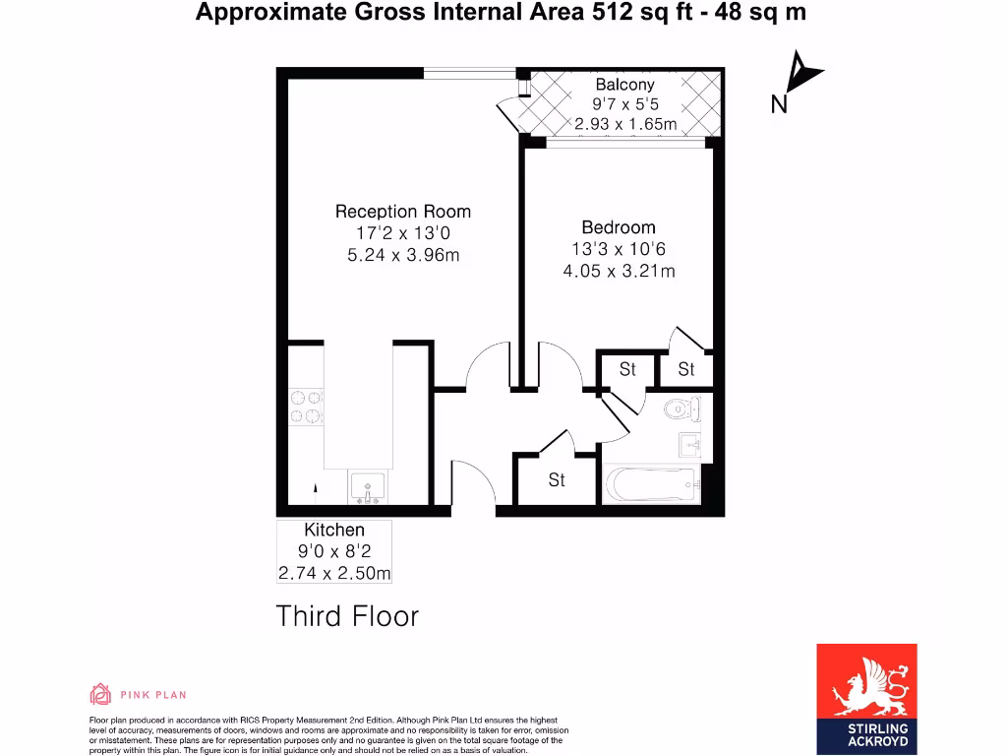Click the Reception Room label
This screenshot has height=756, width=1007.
coord(402,211)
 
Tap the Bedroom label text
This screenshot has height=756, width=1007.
coord(618,227)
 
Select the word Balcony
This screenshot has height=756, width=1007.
coord(624,85)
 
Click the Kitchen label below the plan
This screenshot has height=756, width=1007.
coord(333,531)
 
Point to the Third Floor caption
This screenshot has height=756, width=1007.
coord(347,616)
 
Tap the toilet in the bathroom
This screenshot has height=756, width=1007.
coord(680,409)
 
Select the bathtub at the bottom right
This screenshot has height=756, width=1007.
coord(650,484)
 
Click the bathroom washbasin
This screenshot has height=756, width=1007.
coord(689,444)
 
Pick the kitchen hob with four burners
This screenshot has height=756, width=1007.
coord(306,408)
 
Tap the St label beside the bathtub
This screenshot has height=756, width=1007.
coord(557,480)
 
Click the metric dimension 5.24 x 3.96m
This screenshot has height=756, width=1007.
coord(402,256)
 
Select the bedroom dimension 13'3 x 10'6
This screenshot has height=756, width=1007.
coord(618,249)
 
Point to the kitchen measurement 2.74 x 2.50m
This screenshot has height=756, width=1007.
coord(333,574)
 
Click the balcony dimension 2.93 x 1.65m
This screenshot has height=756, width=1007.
coord(624,124)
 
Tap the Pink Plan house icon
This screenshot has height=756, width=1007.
coord(100,694)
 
